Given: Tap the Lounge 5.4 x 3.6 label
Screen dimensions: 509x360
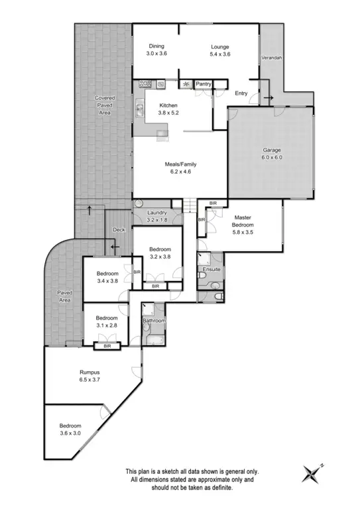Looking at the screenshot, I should [220, 50].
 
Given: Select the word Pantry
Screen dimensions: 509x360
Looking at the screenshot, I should [203, 84].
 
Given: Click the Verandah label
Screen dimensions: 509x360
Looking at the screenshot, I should [270, 58].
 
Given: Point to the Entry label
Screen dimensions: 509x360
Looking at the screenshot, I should [241, 93].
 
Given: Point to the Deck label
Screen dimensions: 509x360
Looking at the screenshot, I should [119, 230].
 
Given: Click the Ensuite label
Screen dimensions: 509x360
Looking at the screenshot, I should [212, 270].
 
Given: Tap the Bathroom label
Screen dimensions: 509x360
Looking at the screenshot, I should [154, 321].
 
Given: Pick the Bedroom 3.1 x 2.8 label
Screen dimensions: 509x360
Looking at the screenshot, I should [102, 321].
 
